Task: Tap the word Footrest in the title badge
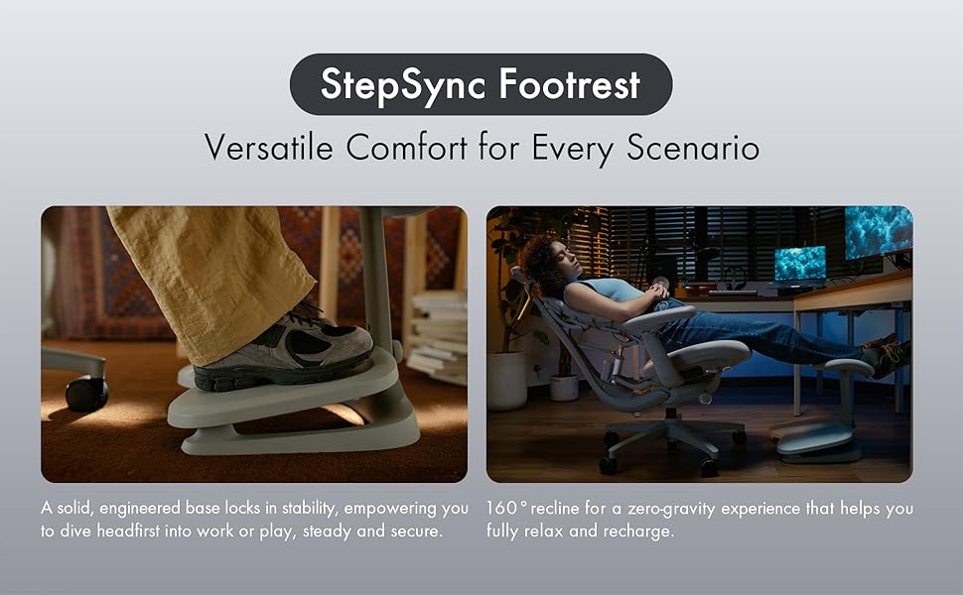[x=570, y=83]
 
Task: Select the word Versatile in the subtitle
[x=269, y=148]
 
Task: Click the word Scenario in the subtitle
[x=693, y=148]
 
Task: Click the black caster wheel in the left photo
[x=86, y=393]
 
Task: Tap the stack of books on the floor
[x=438, y=337]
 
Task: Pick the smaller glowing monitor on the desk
[x=799, y=264]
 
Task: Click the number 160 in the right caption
[x=501, y=509]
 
